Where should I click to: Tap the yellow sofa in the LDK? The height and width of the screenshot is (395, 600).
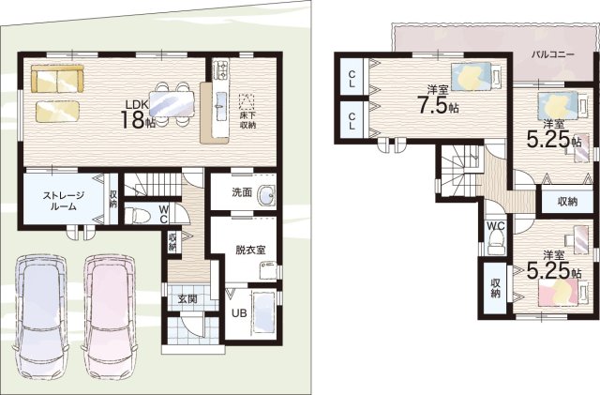(x=57, y=78)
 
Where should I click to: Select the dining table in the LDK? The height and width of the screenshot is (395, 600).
(x=172, y=103)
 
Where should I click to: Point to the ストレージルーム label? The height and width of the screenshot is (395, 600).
(x=63, y=201)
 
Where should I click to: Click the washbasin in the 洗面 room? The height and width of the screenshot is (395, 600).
(x=265, y=195)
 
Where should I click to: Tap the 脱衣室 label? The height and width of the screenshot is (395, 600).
(x=250, y=250)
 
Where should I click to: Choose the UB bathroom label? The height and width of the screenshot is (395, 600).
(x=239, y=313)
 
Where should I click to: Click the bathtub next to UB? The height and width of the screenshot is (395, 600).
(x=263, y=312)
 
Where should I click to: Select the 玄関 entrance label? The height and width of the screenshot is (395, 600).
(x=187, y=298)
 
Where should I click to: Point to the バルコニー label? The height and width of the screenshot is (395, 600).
(x=553, y=54)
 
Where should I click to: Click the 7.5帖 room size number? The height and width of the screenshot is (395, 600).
(x=439, y=106)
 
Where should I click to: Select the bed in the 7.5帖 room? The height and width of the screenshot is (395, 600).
(x=476, y=76)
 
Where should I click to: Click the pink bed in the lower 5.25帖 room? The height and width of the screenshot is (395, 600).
(x=563, y=291)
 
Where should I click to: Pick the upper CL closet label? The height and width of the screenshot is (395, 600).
(x=352, y=78)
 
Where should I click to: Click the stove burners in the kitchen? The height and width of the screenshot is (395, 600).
(x=220, y=69)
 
